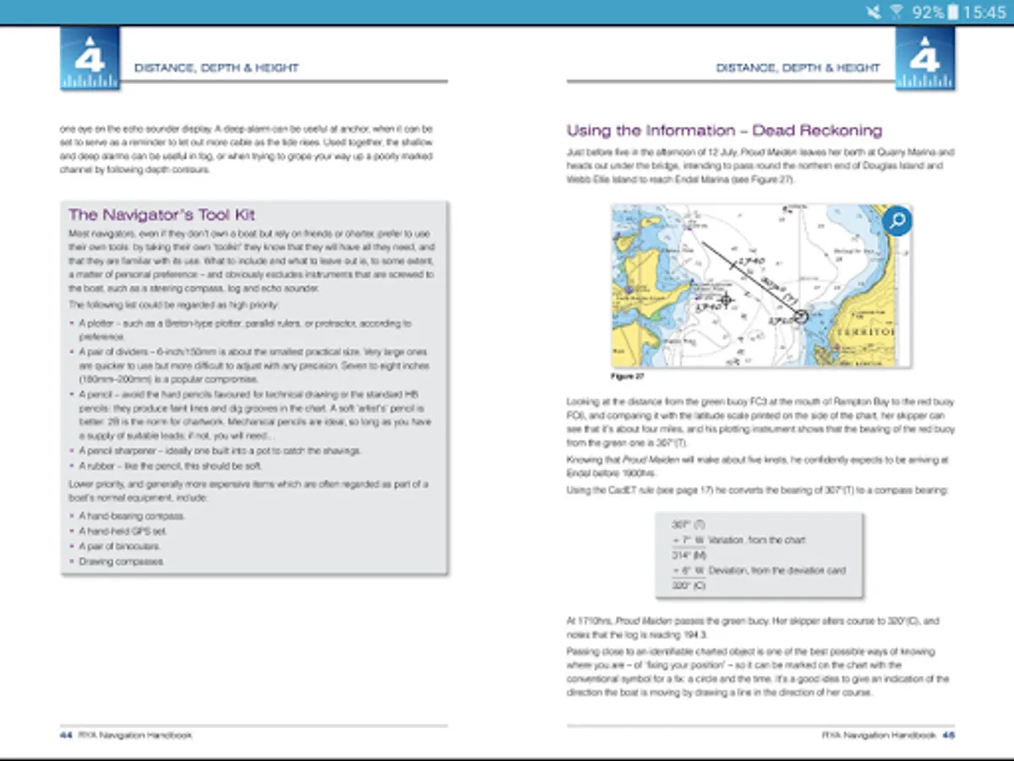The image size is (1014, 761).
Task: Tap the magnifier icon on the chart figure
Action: tap(897, 222)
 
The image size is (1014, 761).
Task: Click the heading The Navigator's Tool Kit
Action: tap(161, 215)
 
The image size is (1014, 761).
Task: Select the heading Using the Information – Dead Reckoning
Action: tap(724, 131)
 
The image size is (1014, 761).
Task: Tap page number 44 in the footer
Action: tap(66, 735)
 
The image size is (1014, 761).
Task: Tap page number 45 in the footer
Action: tap(949, 735)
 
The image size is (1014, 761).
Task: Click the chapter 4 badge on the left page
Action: tap(90, 57)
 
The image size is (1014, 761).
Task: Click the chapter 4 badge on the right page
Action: tap(925, 57)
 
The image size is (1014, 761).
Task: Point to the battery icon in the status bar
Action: tap(954, 13)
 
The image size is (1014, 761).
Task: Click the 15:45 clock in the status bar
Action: tap(984, 13)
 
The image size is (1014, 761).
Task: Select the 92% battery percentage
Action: tap(927, 13)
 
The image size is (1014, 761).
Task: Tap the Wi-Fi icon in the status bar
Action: tap(897, 13)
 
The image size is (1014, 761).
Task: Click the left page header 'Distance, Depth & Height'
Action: tap(216, 68)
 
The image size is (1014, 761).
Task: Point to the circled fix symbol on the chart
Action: tap(800, 315)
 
